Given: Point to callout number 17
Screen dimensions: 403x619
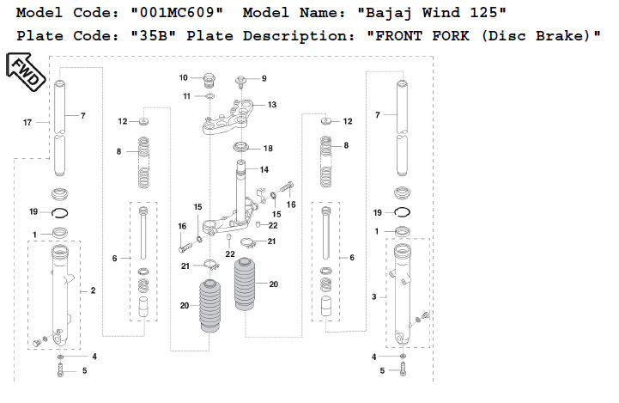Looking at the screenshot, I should point(27,123).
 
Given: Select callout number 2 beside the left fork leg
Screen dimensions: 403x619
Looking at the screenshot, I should point(92,291).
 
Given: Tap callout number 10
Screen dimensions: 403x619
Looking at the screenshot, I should point(184,78).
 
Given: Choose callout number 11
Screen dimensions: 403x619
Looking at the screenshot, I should point(186,95).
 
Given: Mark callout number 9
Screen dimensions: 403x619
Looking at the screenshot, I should point(264,78).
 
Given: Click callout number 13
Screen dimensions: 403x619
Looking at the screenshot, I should point(271,105).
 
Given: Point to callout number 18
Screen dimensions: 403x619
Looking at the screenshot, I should point(268,149).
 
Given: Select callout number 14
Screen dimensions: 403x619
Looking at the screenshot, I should point(264,169).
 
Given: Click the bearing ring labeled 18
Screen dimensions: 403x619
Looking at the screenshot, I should point(240,147).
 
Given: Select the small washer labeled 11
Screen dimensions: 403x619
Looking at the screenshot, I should point(209,95).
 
